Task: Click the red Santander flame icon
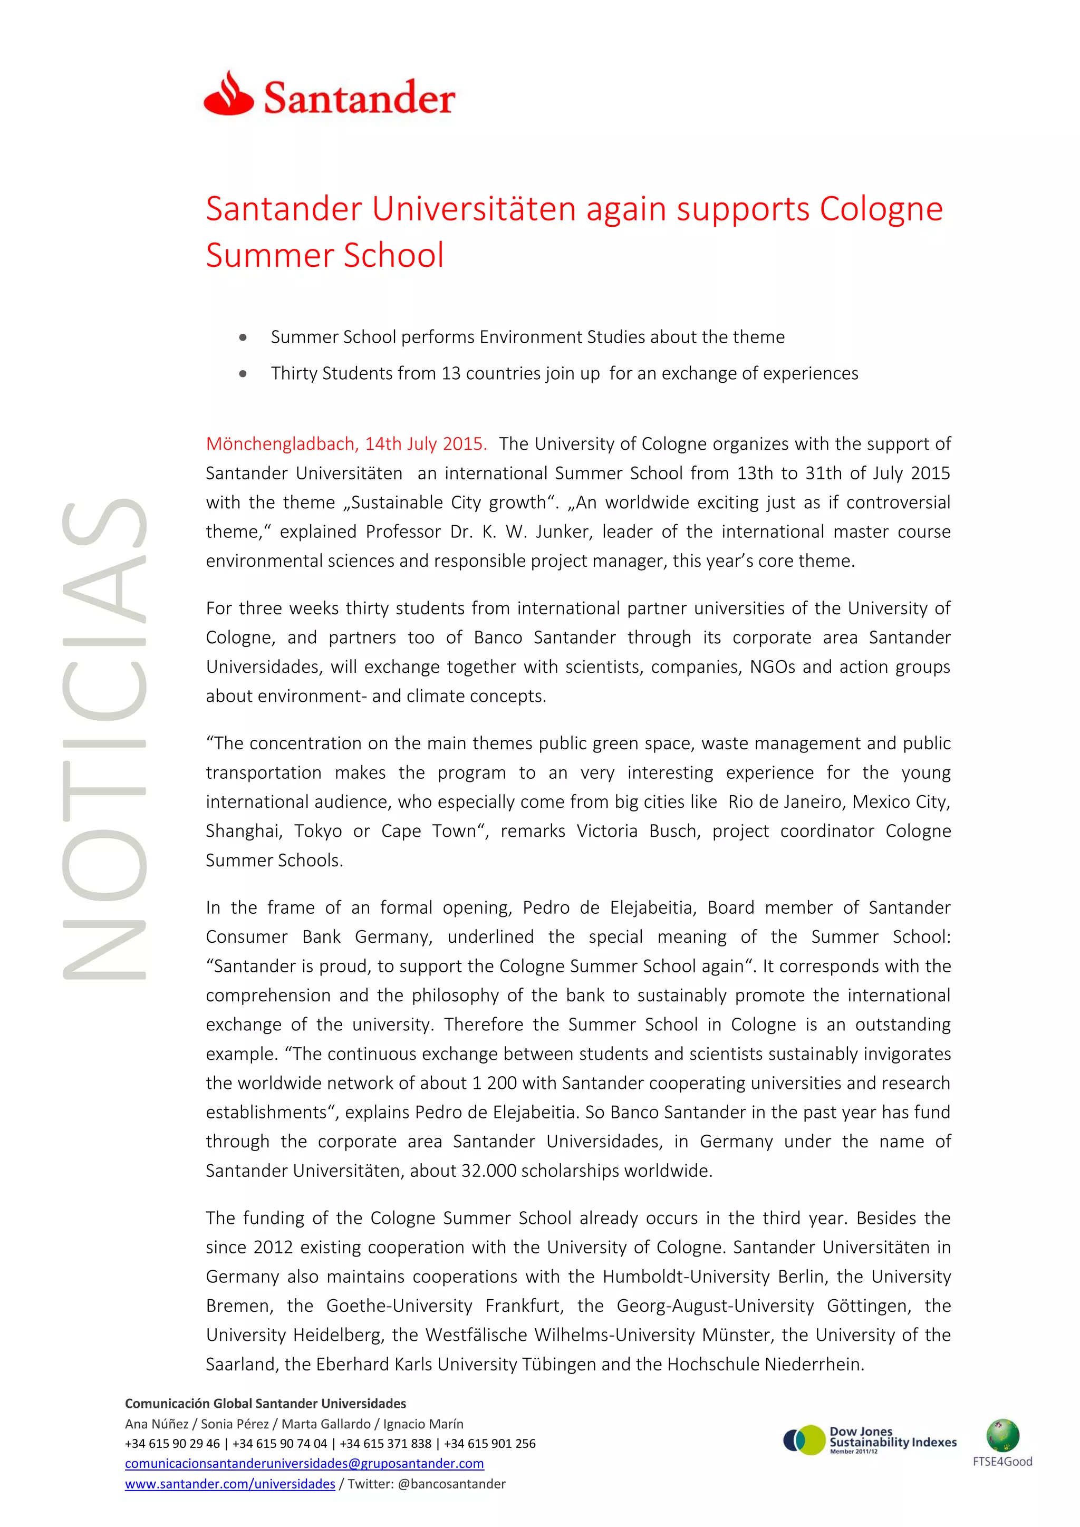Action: [228, 94]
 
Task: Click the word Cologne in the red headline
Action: [881, 209]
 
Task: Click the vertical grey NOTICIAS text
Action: [105, 738]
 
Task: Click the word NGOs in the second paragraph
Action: [772, 666]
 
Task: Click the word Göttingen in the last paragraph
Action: [868, 1306]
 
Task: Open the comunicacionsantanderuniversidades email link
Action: [304, 1463]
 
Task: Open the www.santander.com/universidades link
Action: [229, 1484]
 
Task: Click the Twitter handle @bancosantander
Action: [451, 1484]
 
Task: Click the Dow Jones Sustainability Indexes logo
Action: [870, 1440]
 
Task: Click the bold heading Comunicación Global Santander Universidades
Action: [265, 1403]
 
